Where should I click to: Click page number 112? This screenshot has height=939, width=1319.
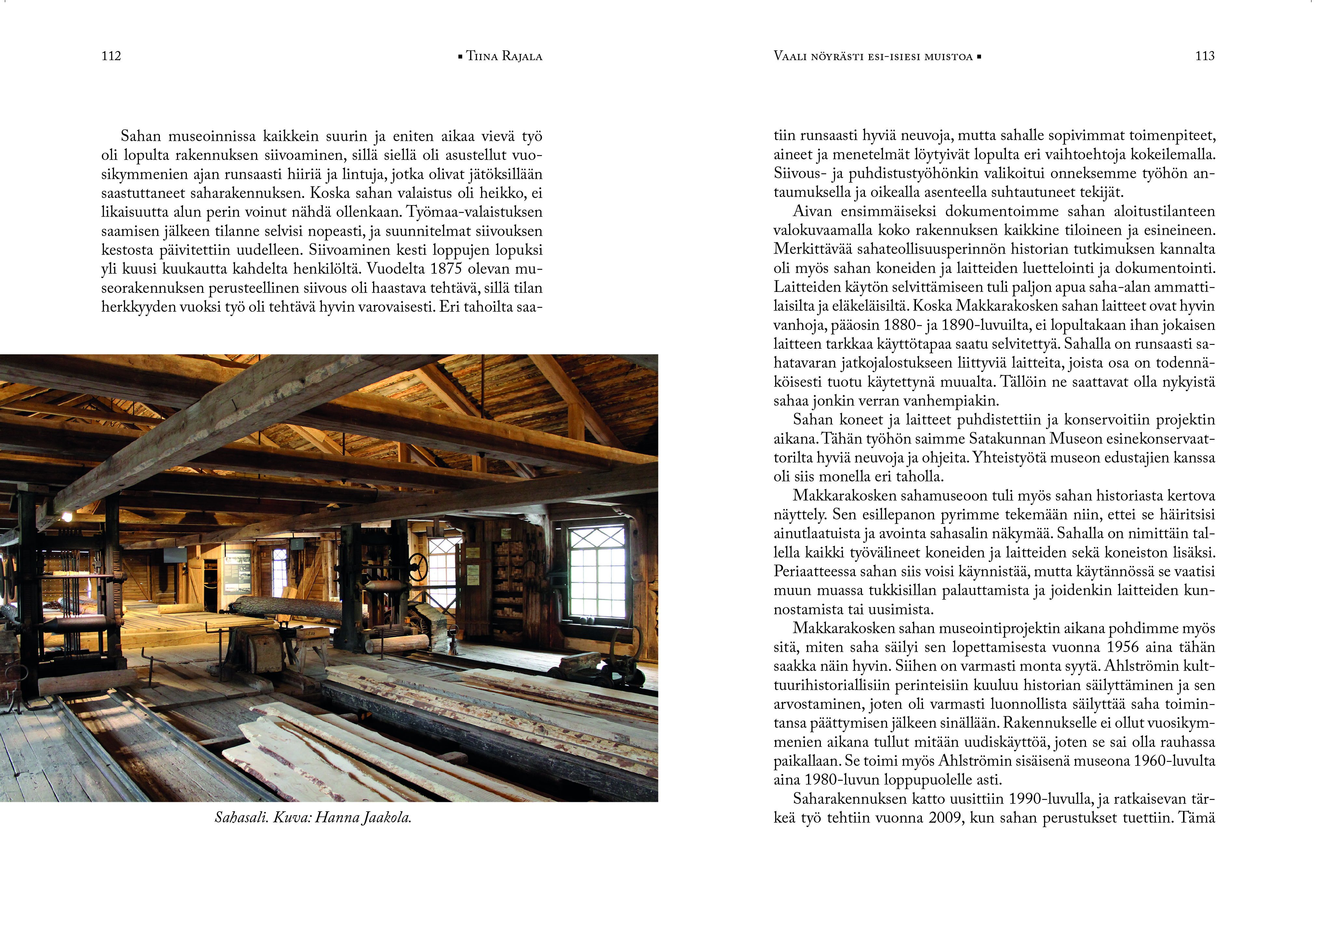[111, 56]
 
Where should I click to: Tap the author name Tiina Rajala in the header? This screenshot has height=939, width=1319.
[504, 57]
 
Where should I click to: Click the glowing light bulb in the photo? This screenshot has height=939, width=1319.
[67, 516]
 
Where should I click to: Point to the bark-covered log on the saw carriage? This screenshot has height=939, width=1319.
[289, 607]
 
